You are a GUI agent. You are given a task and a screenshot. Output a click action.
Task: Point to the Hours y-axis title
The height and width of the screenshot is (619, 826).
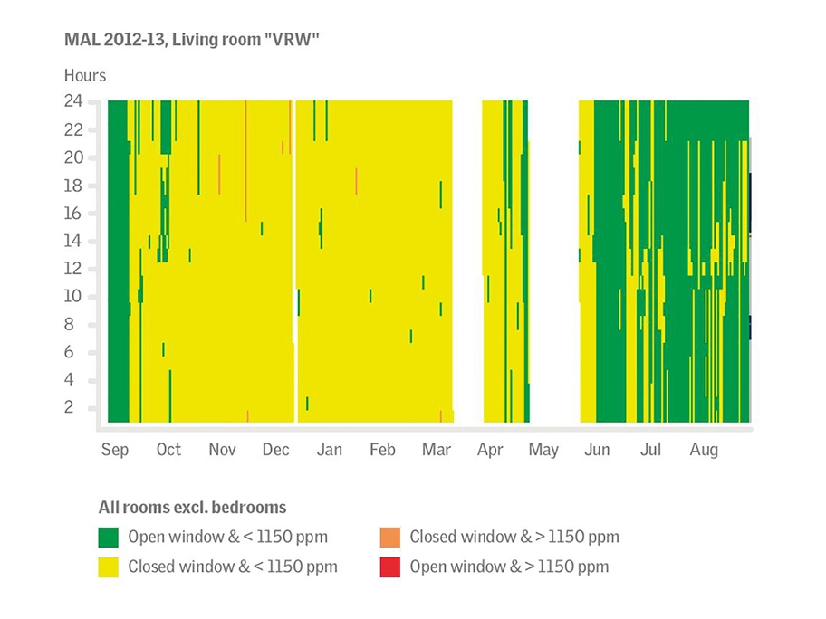pyautogui.click(x=84, y=75)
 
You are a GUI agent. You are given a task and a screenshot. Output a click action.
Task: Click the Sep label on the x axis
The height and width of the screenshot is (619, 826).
pyautogui.click(x=115, y=450)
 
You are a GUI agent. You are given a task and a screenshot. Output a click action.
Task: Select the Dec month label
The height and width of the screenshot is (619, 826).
pyautogui.click(x=276, y=450)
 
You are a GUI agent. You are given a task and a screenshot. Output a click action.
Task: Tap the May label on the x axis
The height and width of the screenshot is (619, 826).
pyautogui.click(x=543, y=450)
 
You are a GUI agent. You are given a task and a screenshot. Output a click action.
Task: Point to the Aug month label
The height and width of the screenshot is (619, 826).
pyautogui.click(x=704, y=450)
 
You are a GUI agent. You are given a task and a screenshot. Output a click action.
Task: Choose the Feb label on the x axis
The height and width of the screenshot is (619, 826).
pyautogui.click(x=382, y=450)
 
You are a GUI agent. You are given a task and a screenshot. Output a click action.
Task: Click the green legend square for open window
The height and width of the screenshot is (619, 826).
pyautogui.click(x=109, y=538)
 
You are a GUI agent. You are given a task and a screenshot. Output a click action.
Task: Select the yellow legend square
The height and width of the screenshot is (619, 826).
pyautogui.click(x=109, y=567)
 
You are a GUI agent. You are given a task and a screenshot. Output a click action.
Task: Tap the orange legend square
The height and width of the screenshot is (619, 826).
pyautogui.click(x=389, y=538)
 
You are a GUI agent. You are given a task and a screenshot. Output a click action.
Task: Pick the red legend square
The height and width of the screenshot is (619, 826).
pyautogui.click(x=389, y=567)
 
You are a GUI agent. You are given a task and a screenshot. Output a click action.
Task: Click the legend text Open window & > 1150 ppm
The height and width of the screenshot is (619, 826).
pyautogui.click(x=509, y=567)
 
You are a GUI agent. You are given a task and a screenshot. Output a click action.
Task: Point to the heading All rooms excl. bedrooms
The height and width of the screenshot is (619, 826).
pyautogui.click(x=192, y=508)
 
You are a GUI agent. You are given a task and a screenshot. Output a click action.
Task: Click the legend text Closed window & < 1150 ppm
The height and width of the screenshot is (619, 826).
pyautogui.click(x=233, y=567)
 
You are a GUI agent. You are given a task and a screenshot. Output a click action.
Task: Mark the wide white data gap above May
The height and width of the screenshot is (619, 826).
pyautogui.click(x=553, y=262)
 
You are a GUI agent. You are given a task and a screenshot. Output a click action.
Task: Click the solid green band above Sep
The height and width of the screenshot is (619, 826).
pyautogui.click(x=118, y=262)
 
